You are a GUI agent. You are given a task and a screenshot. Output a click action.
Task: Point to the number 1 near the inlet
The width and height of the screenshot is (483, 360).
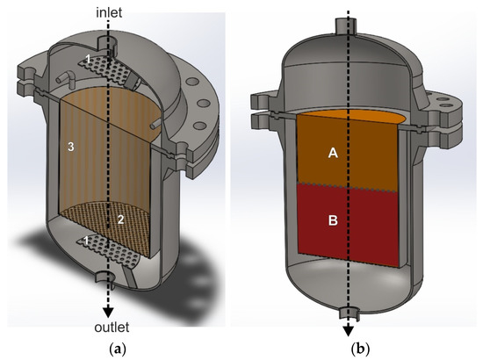pyautogui.click(x=87, y=58)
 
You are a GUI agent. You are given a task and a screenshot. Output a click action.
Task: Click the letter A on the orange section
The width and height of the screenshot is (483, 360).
pyautogui.click(x=333, y=153)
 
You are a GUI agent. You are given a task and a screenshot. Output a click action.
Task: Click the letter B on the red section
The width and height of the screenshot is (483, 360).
pyautogui.click(x=333, y=221)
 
